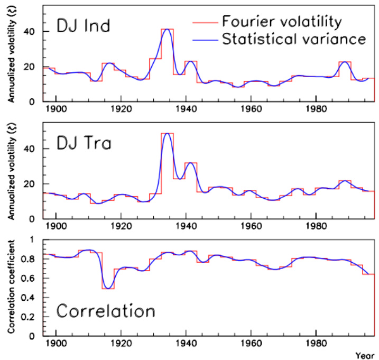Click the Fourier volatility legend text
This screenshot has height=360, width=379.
click(283, 22)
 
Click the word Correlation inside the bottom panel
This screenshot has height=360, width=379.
click(105, 311)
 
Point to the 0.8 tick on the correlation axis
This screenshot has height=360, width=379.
click(32, 259)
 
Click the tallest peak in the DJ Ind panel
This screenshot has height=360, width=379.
click(167, 30)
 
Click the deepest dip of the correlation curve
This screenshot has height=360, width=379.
click(108, 288)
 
